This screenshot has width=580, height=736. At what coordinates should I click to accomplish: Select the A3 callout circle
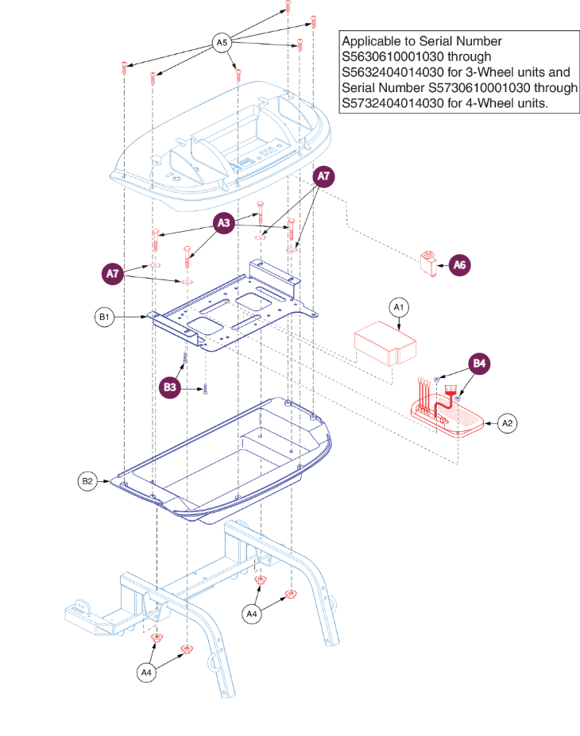(x=224, y=225)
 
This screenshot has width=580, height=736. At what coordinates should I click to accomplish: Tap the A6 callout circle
(x=459, y=265)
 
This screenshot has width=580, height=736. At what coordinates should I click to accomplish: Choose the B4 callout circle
(x=478, y=364)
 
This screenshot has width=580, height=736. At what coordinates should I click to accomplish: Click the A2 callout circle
(x=508, y=424)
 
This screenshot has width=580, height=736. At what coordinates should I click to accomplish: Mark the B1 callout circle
(x=103, y=318)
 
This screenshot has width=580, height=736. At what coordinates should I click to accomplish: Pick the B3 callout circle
(x=170, y=387)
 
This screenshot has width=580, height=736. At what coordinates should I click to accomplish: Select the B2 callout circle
(x=87, y=481)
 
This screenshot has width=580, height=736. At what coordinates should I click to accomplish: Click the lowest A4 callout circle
(x=145, y=673)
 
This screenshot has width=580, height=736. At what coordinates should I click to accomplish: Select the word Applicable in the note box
(x=370, y=41)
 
